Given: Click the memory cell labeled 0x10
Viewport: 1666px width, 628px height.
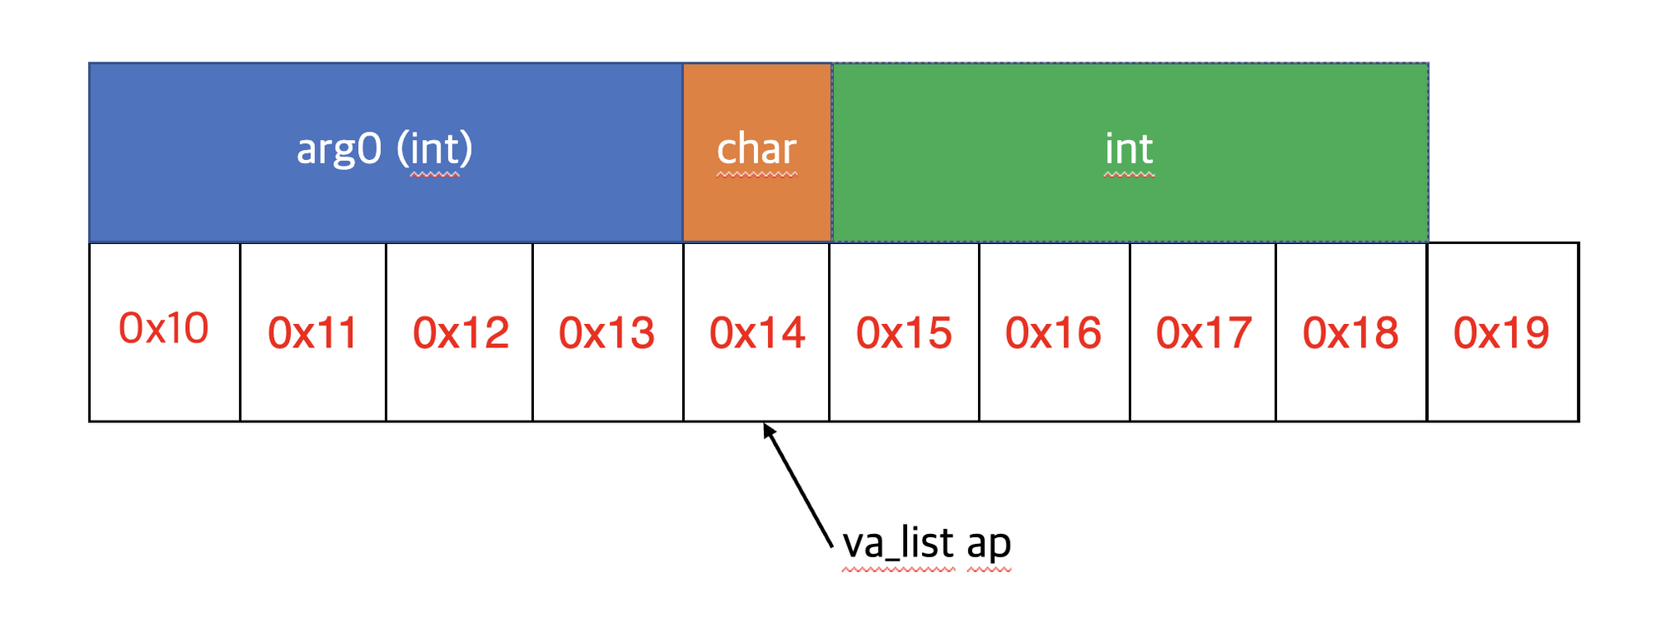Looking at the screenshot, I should [x=164, y=331].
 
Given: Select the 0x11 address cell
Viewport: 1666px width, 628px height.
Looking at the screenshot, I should [x=313, y=331].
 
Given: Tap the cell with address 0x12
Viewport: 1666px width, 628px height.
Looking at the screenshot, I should [x=460, y=331].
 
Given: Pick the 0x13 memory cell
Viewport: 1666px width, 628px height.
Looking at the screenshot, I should [x=607, y=331].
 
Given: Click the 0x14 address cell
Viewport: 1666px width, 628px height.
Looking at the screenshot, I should [x=756, y=331].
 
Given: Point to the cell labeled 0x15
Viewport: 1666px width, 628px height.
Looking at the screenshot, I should [x=904, y=331].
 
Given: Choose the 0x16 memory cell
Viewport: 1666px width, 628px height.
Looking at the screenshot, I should [x=1054, y=331].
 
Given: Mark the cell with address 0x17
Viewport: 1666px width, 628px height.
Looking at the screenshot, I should [x=1203, y=331].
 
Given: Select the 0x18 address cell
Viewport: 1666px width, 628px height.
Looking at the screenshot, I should [x=1351, y=331].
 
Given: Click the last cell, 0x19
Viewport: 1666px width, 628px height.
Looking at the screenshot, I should [x=1502, y=331].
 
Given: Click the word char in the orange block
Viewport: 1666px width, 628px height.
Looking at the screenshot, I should [x=757, y=150].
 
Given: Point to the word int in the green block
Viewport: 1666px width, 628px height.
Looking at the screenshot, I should [x=1129, y=150].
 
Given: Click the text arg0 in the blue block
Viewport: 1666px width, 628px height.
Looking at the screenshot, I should [x=339, y=150].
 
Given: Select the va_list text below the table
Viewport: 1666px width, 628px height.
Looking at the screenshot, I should [x=898, y=543].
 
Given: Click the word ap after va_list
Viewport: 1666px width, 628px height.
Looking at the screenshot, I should [x=989, y=543].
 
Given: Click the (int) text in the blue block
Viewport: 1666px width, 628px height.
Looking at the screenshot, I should [x=434, y=150].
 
